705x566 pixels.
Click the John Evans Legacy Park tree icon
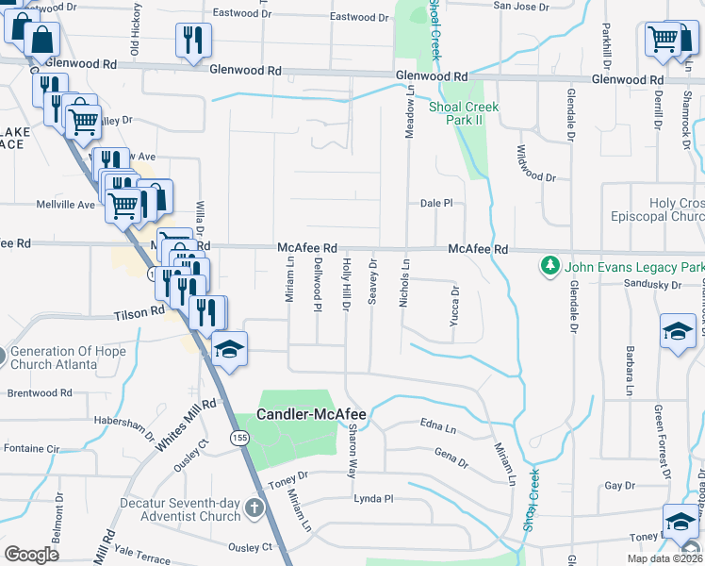tap(550, 267)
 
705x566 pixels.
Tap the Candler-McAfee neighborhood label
tap(312, 414)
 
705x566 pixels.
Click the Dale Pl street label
tap(436, 203)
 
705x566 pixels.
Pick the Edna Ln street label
tap(438, 425)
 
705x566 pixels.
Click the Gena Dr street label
tap(451, 458)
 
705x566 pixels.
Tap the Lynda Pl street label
tap(372, 498)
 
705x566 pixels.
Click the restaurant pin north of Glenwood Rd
tap(193, 40)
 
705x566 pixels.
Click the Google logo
tap(31, 554)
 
